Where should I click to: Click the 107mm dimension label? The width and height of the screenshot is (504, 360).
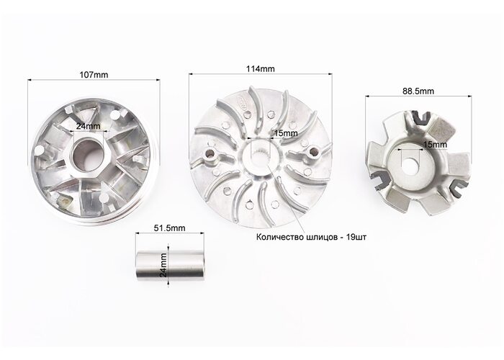[x=94, y=75]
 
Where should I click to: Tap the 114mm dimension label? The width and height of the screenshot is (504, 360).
[x=261, y=69]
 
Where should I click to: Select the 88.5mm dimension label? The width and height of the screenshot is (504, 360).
[x=418, y=91]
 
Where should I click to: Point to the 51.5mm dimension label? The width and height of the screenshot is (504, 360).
[x=170, y=228]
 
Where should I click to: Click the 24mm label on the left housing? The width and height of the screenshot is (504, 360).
[x=88, y=126]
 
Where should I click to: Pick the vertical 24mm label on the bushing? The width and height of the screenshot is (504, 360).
[x=163, y=265]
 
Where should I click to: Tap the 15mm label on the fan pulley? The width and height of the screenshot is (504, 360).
[x=285, y=133]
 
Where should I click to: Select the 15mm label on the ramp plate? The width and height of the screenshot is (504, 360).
[x=435, y=145]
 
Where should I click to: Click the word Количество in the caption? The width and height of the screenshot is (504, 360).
[x=279, y=237]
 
